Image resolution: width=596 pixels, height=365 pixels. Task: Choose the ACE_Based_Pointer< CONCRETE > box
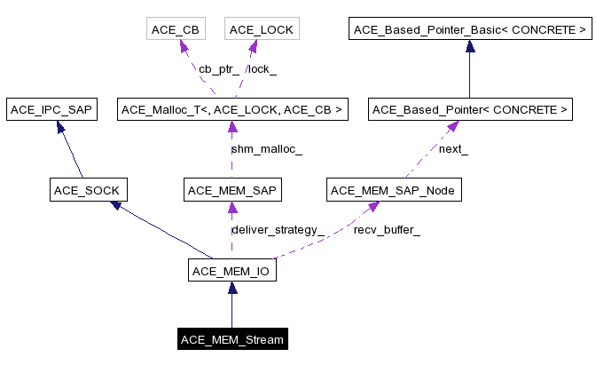pos(469,110)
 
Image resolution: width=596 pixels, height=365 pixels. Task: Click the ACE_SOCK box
pos(87,189)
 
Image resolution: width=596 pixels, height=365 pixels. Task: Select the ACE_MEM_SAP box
pos(231,189)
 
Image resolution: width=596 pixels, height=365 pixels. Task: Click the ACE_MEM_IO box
pos(231,269)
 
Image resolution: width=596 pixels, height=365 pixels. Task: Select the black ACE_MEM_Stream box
pos(231,339)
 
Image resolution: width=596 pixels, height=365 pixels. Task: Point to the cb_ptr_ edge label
pos(217,69)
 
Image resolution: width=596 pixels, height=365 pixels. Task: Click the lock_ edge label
pos(262,69)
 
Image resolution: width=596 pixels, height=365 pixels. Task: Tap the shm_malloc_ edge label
pos(266,149)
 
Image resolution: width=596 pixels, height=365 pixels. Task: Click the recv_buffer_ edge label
pos(387,229)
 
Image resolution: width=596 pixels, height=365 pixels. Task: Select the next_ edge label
pos(452,149)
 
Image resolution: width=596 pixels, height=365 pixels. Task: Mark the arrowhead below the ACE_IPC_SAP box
pos(61,128)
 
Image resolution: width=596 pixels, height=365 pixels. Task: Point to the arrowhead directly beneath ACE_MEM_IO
pos(231,288)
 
